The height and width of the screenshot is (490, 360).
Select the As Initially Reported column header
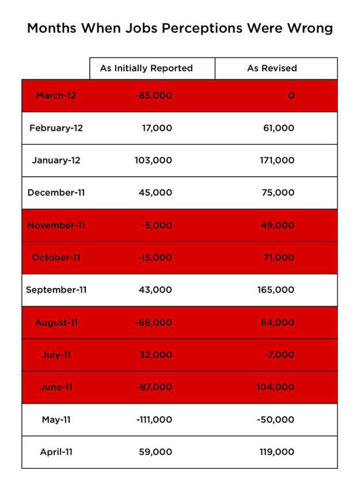click(146, 68)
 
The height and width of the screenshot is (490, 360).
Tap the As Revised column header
click(272, 68)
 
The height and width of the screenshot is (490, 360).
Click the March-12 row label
click(56, 96)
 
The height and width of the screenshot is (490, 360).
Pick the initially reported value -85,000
click(153, 96)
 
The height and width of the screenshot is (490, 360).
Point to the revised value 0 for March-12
click(291, 96)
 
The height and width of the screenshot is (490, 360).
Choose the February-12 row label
click(56, 128)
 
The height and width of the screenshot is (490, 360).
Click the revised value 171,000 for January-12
click(277, 160)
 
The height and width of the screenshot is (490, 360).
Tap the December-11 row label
click(56, 192)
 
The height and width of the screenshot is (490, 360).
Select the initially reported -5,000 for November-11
click(156, 225)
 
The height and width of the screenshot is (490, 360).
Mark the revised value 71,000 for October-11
click(279, 257)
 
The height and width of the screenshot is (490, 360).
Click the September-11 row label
click(56, 290)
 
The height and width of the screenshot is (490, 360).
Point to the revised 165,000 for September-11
click(275, 290)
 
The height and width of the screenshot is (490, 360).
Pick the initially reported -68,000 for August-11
click(153, 322)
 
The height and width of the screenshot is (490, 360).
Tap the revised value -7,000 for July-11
click(279, 355)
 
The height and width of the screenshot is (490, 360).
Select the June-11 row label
click(56, 387)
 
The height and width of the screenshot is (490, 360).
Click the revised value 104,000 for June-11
click(275, 387)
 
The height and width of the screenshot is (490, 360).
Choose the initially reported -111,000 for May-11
click(154, 420)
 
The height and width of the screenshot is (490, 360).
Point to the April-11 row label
click(56, 452)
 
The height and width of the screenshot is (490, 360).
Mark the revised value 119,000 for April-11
click(277, 452)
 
